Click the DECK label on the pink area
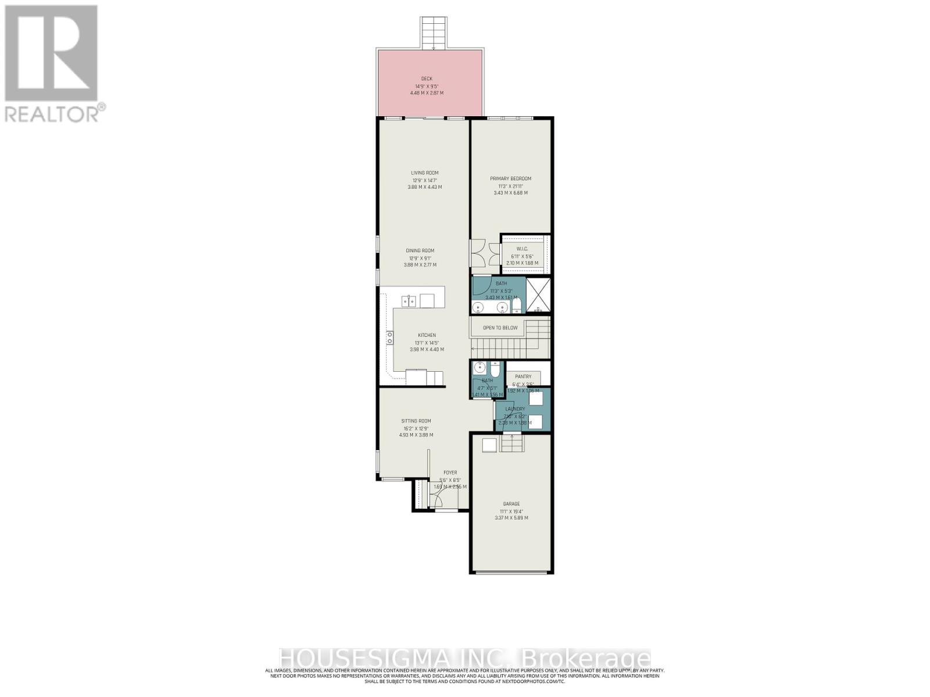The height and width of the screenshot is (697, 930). (427, 79)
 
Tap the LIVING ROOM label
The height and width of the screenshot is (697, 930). (424, 173)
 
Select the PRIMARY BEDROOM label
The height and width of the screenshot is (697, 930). (510, 179)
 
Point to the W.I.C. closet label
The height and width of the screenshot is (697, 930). (521, 249)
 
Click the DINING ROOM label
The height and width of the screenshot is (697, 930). (420, 251)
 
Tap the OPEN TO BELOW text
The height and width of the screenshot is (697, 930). (500, 328)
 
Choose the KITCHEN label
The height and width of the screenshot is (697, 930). (427, 335)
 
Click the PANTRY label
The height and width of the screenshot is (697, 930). (523, 376)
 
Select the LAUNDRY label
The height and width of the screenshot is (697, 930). (515, 409)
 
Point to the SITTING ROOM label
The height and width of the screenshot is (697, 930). (416, 421)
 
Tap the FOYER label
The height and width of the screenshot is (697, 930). (450, 473)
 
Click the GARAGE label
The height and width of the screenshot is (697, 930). (512, 504)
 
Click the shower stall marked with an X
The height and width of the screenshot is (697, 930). (539, 296)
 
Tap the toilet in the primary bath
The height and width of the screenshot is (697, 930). (517, 307)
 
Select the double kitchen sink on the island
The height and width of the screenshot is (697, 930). (409, 301)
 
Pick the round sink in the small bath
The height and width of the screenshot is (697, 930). (480, 367)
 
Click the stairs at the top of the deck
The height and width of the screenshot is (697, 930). (435, 33)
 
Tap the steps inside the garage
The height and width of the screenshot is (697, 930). (512, 444)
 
